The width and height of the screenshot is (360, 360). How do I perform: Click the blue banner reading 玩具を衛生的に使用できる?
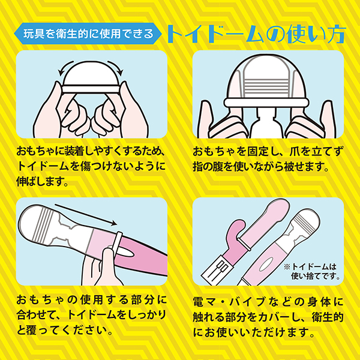tap(88, 34)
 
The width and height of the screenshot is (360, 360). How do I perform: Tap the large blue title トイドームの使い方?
tap(256, 34)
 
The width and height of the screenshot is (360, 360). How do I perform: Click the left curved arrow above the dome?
tap(65, 67)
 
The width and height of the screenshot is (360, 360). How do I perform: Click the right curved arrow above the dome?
tap(116, 67)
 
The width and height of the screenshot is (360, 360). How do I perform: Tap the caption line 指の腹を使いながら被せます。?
tap(261, 166)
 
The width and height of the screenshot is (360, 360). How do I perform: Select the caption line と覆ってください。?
tap(65, 330)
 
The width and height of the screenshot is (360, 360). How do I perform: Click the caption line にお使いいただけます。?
tap(254, 332)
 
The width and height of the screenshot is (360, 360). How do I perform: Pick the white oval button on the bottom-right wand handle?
tap(266, 264)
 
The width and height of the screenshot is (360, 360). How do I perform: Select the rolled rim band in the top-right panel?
tap(266, 103)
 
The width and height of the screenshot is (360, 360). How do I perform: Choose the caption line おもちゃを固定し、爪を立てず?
tap(268, 152)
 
